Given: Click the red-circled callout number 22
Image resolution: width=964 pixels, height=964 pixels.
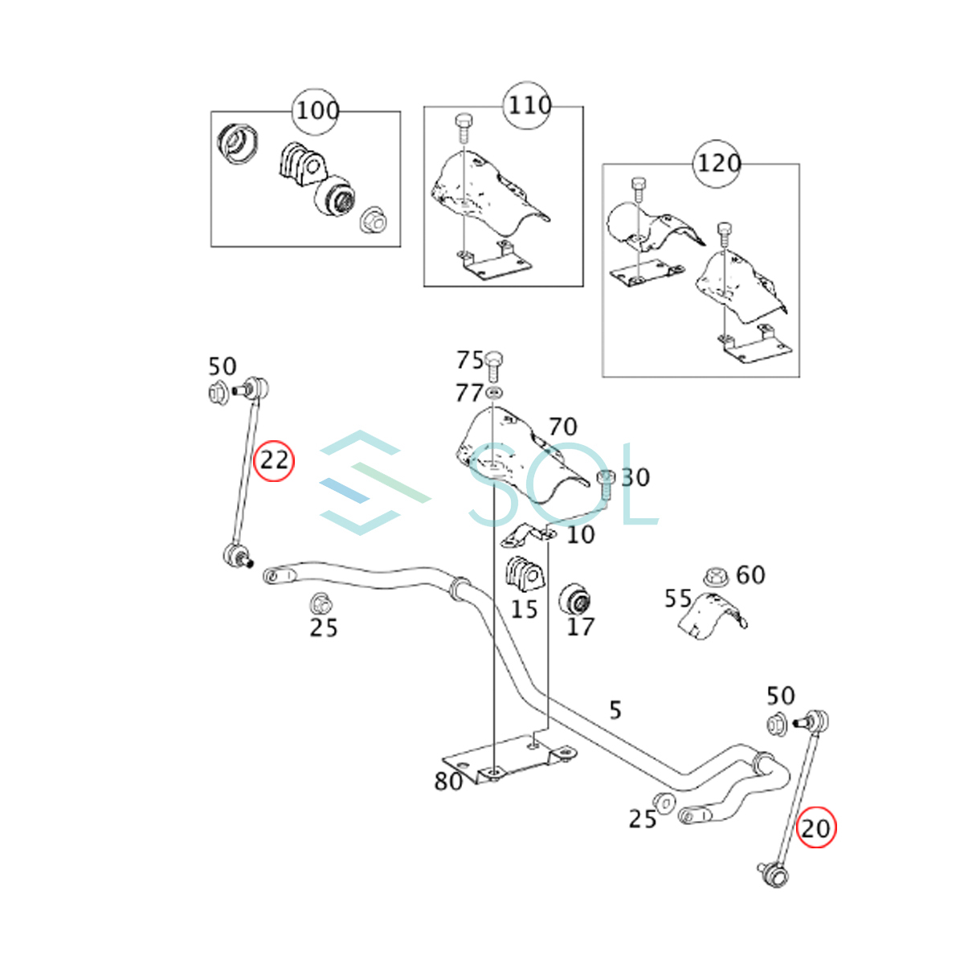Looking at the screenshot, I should tap(274, 461).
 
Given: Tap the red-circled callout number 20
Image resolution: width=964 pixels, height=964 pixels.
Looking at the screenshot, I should tap(815, 827).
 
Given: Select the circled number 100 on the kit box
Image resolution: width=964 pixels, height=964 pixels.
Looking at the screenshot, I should tap(317, 111).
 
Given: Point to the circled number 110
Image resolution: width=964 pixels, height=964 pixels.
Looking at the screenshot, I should tap(529, 105).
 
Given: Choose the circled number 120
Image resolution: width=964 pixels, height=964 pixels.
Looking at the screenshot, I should tap(717, 164).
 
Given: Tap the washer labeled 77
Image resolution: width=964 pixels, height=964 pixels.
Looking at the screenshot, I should tap(494, 393).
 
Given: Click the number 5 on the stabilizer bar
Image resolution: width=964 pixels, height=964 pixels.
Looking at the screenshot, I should tap(615, 710).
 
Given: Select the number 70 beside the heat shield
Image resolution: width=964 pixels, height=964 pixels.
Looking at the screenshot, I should tap(563, 427).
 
